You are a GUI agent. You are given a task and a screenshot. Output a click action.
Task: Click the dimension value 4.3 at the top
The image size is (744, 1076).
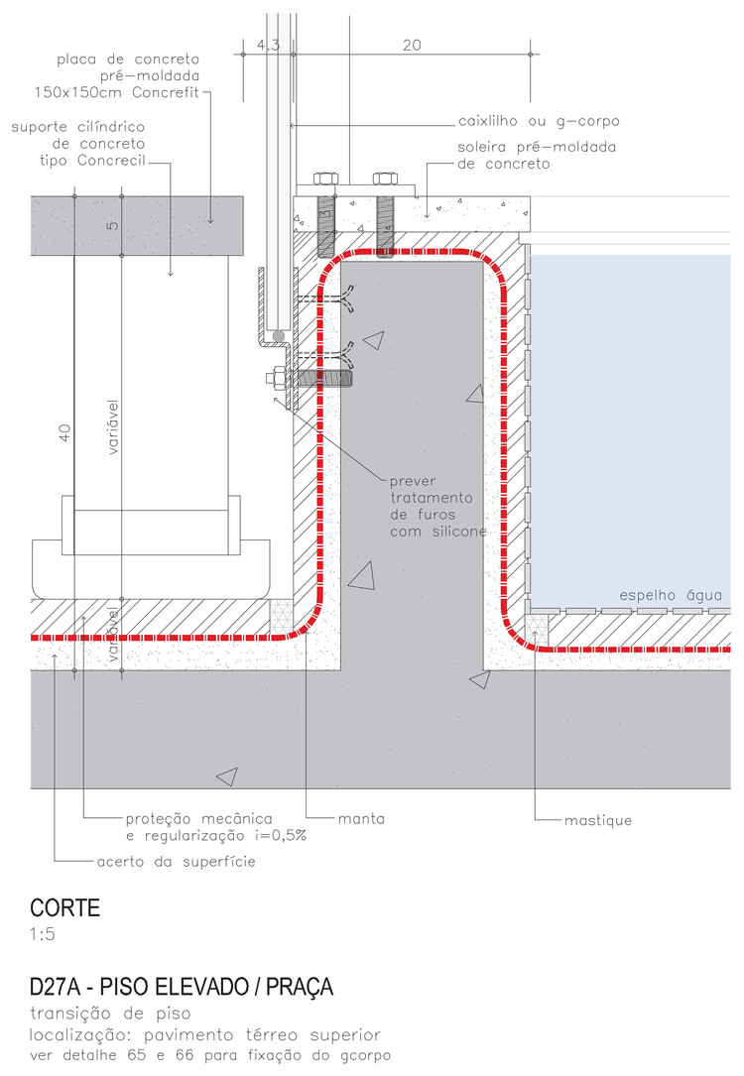tap(269, 45)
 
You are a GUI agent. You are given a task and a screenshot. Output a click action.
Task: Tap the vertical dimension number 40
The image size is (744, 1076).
tap(64, 432)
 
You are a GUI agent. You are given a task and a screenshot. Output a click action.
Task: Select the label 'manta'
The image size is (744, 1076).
tap(361, 820)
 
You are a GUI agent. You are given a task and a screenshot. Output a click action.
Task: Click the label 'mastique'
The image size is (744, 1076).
tap(598, 820)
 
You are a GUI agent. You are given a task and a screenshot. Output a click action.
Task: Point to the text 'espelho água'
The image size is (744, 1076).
tap(676, 595)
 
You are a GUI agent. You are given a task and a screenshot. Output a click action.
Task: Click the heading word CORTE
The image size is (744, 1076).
tap(65, 907)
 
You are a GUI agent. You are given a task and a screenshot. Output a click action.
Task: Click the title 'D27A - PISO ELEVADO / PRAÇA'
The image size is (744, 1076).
tap(182, 988)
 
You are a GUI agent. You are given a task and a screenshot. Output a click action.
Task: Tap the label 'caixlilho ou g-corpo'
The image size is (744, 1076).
tap(539, 122)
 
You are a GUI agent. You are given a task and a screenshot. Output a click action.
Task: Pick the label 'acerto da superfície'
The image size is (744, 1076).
tap(177, 861)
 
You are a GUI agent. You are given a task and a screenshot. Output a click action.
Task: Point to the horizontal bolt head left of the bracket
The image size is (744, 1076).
tap(273, 377)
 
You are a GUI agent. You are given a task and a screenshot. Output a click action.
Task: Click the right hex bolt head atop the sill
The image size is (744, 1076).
tap(385, 179)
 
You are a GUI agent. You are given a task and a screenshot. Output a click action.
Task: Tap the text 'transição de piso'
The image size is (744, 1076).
tap(110, 1013)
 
